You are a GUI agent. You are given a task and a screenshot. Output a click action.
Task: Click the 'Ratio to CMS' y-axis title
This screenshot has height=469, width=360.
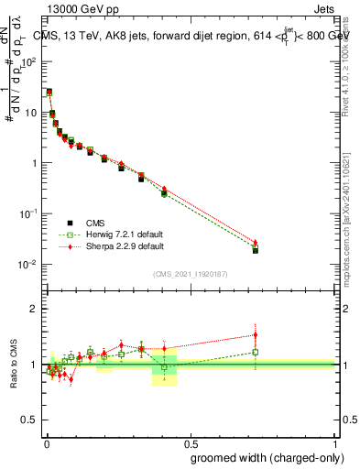13,365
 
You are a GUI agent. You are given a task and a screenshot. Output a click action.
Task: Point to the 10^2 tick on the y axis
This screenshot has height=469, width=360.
30,61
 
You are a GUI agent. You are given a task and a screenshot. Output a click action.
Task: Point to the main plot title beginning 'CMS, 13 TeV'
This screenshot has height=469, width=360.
192,36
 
